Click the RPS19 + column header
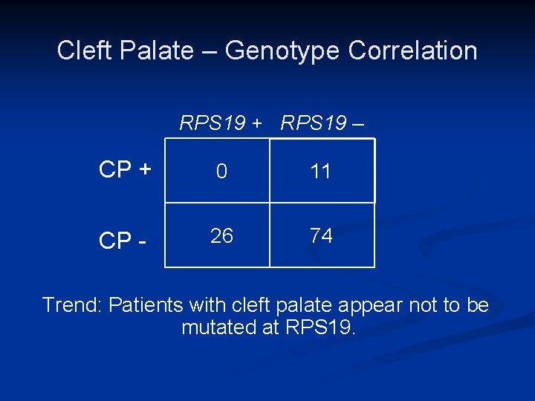[x=221, y=123]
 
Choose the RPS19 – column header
[x=322, y=123]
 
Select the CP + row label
[x=126, y=170]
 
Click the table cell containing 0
[x=221, y=172]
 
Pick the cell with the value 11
[x=320, y=172]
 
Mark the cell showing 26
[x=221, y=236]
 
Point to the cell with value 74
[x=320, y=236]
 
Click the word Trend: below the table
[x=72, y=305]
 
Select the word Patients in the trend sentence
[x=146, y=305]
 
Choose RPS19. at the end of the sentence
[x=320, y=327]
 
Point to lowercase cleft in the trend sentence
[x=256, y=305]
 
